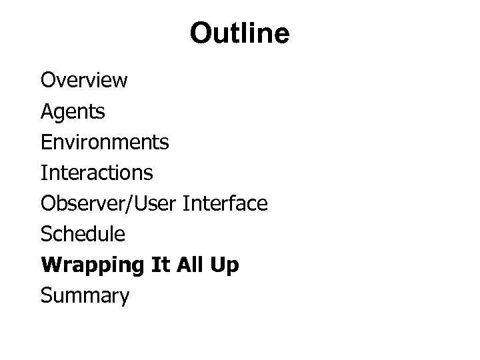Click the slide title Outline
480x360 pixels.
tap(239, 33)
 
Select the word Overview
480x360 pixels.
tap(84, 81)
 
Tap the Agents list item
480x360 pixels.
tap(73, 112)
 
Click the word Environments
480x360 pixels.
tap(105, 142)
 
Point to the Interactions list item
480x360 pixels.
tap(97, 173)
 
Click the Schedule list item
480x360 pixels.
tap(83, 234)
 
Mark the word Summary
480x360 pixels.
tap(85, 296)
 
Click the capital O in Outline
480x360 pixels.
tap(201, 33)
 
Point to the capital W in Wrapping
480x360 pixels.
tap(49, 265)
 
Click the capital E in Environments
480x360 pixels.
tap(45, 142)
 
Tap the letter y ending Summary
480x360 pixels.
tap(124, 298)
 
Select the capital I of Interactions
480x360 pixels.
tap(43, 173)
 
